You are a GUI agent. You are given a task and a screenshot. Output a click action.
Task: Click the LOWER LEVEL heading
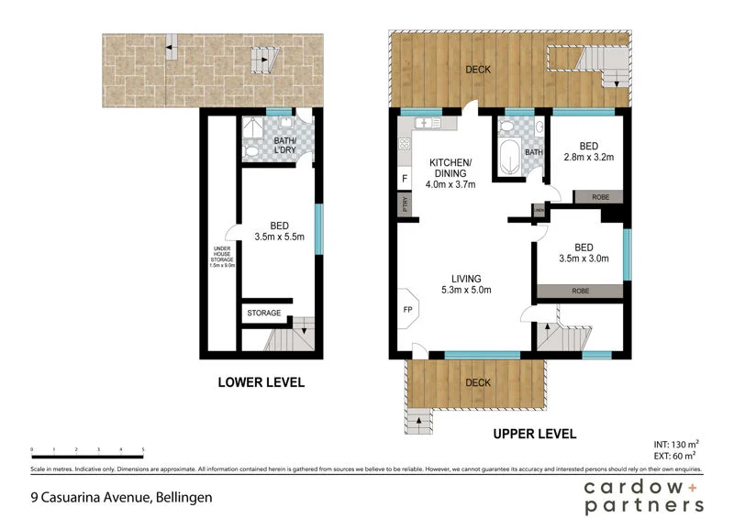tap(261, 382)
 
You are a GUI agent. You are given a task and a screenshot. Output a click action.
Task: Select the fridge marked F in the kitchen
tap(404, 179)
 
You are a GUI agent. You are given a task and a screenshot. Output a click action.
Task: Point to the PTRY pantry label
tap(404, 205)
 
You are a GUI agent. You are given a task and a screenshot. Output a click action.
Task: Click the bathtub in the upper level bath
tap(507, 153)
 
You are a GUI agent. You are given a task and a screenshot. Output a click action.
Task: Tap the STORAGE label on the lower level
tap(263, 314)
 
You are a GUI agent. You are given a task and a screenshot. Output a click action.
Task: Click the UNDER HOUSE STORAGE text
tap(221, 257)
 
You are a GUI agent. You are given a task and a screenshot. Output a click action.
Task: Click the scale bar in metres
tap(87, 453)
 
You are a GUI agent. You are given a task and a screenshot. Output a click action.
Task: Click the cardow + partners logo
tap(644, 494)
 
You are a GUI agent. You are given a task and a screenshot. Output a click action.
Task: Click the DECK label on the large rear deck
tap(476, 69)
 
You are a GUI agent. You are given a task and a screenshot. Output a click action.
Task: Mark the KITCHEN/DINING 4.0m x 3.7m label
tap(450, 172)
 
